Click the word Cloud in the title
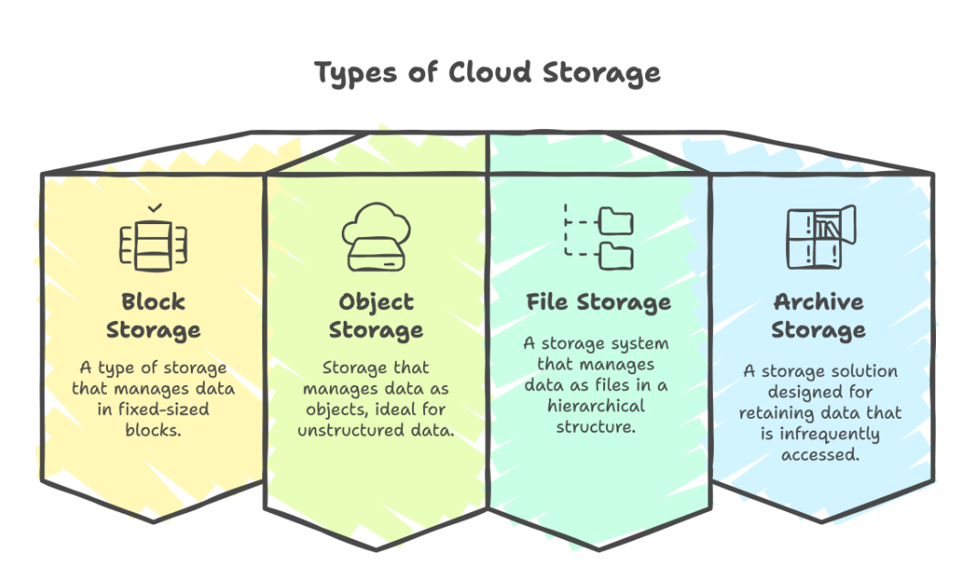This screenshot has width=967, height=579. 489,72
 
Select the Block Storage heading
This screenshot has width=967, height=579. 153,315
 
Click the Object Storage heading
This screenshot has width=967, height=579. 376,315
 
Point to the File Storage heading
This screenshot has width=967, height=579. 598,302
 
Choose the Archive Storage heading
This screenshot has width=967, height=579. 819,315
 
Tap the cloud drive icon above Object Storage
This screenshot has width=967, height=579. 375,240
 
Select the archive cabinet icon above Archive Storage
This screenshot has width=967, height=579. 819,238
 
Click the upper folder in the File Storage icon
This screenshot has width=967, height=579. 615,221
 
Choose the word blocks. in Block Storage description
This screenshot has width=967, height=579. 153,430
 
